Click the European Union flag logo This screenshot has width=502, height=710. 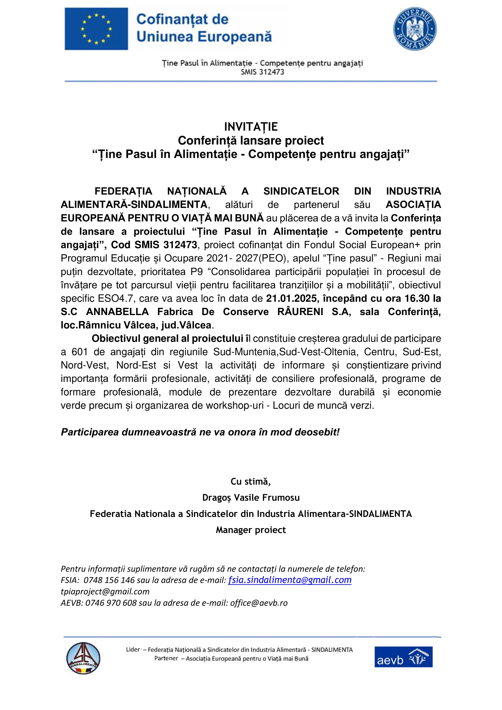coord(96,29)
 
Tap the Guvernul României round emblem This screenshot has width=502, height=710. coord(415,29)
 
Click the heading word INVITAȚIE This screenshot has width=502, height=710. coord(251,127)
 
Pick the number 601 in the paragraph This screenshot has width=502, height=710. coord(80,352)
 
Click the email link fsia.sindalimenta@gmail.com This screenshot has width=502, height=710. coord(290,580)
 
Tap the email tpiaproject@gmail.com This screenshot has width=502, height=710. coord(105,591)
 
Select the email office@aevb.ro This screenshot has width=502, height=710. coord(259,603)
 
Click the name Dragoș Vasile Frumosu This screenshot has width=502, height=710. coord(251,498)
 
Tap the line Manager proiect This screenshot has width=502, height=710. coord(251,530)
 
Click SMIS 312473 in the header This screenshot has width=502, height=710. coord(263,72)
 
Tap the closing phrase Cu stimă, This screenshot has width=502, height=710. coord(251,481)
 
